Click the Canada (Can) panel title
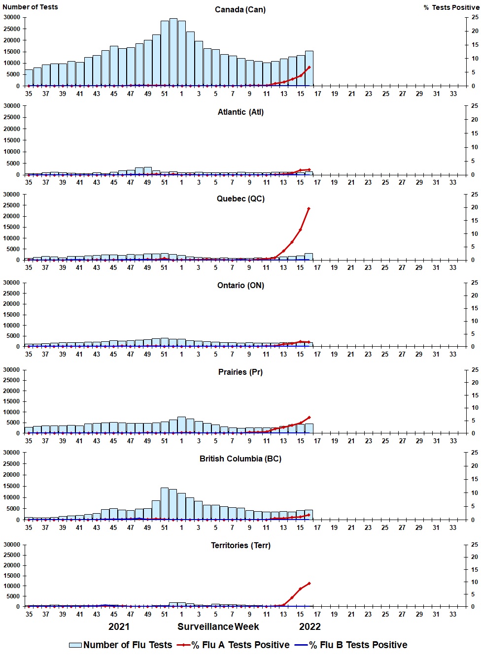tap(240, 10)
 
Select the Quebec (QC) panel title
tap(240, 199)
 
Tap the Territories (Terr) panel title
tap(240, 546)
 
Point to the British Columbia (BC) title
tap(240, 459)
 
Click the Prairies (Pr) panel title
tap(240, 372)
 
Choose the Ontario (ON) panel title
tap(240, 286)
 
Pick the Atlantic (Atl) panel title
tap(240, 112)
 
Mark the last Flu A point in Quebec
tap(309, 209)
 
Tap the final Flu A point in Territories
tap(309, 584)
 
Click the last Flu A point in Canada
tap(309, 67)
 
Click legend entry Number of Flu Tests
tap(121, 645)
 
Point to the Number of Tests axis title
tap(30, 7)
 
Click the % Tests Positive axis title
tap(451, 7)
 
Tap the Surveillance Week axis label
tap(218, 627)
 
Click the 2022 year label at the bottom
tap(310, 627)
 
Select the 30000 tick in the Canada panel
tap(11, 17)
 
